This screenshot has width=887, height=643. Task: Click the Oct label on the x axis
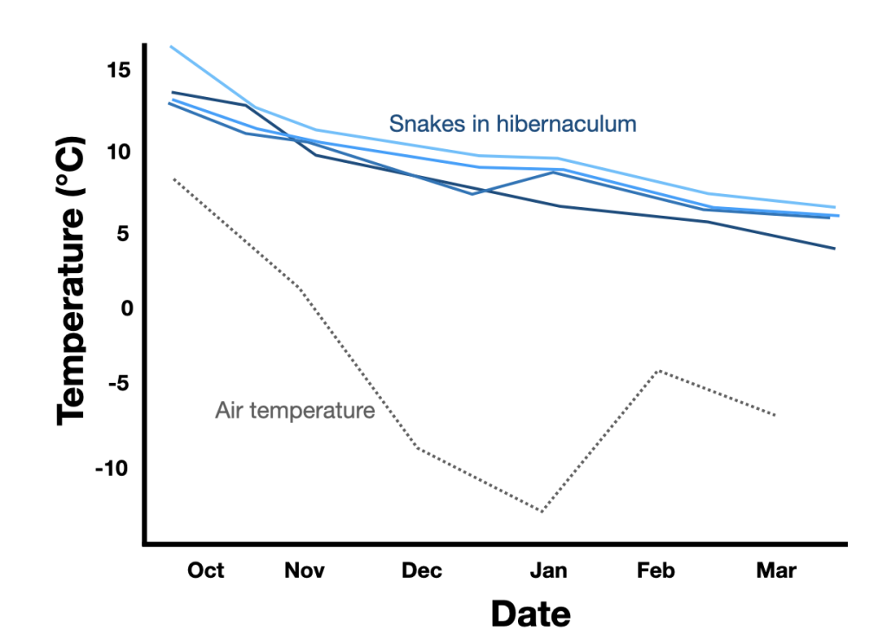pos(206,570)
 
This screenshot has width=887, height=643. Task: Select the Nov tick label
pos(304,570)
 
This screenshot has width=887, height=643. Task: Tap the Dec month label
pos(422,570)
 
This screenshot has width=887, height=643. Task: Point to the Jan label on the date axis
pos(548,570)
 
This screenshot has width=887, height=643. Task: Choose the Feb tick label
pos(656,570)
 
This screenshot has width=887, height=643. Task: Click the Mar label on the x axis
pos(776,570)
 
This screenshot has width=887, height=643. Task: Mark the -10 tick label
pos(113,469)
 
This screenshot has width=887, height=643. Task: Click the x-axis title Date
pos(531,614)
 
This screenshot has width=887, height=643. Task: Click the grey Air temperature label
pos(295,410)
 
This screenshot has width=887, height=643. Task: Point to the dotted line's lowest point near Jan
pos(542,511)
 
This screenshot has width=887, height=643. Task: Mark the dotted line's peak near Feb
pos(659,370)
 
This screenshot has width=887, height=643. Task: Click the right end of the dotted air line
pos(775,415)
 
